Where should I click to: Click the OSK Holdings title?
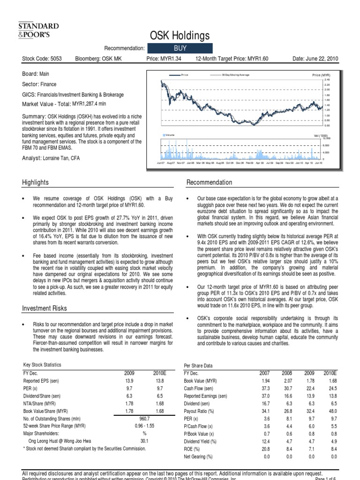180,36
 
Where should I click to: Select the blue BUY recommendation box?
180,48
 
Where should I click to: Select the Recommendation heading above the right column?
209,182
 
